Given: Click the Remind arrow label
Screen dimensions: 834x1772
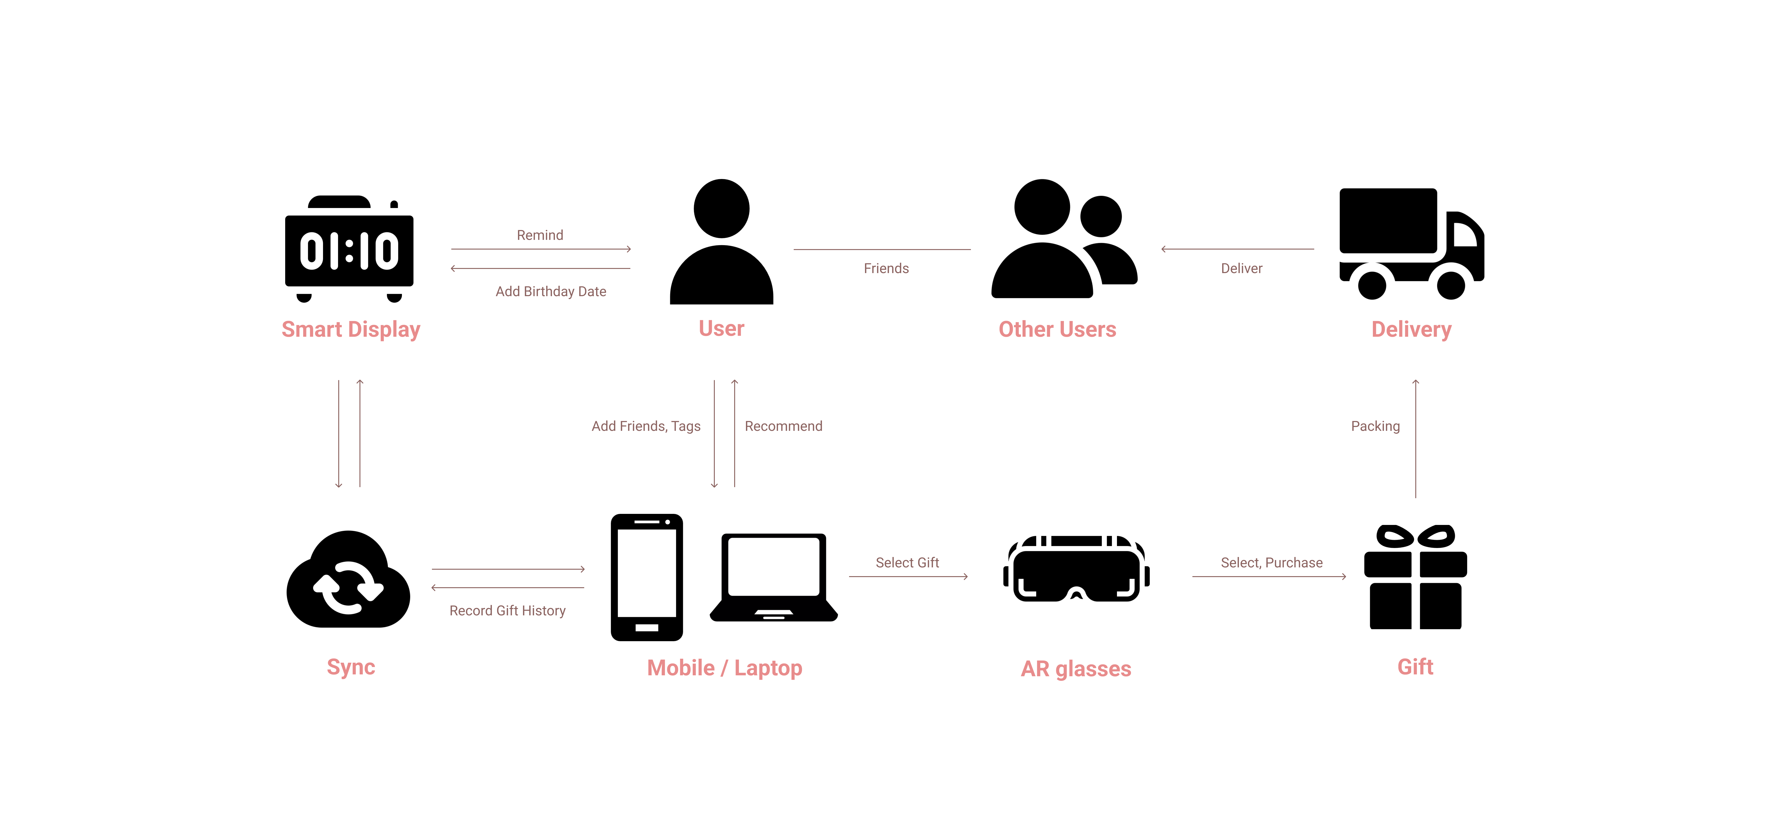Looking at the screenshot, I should click(x=540, y=235).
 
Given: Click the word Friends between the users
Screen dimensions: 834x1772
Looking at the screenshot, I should click(x=886, y=268).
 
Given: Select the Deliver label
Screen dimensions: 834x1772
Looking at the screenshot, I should click(x=1242, y=268).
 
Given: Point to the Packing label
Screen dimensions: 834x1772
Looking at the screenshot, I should click(x=1375, y=426).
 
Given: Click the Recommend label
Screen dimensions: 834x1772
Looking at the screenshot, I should click(x=784, y=426).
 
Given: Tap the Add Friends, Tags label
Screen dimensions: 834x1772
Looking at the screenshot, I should click(x=646, y=426).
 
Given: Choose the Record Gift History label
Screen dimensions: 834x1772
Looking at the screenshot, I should click(x=508, y=611).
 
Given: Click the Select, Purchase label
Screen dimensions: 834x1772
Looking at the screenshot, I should click(x=1271, y=562).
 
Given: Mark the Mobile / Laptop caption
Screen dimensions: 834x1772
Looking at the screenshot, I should click(x=724, y=668).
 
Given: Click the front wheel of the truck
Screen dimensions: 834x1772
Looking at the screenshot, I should click(x=1451, y=285).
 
